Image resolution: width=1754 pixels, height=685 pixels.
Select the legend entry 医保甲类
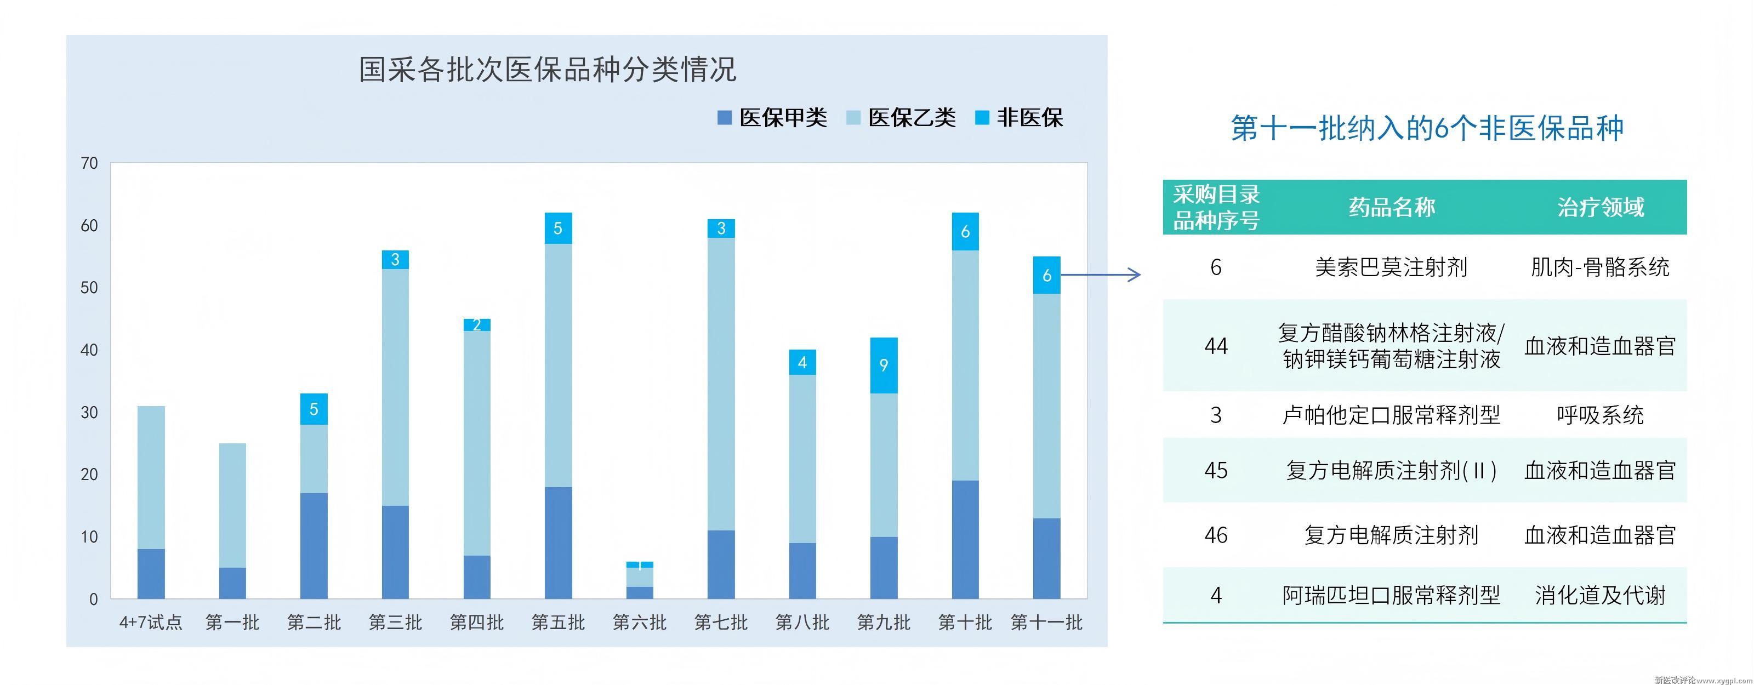(x=772, y=118)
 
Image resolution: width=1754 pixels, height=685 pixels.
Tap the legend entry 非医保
(x=1020, y=118)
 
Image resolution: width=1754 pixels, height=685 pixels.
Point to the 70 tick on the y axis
(x=89, y=163)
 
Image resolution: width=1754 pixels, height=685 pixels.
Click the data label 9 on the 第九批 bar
(x=884, y=366)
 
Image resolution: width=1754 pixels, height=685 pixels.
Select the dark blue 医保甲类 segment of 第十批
(x=965, y=539)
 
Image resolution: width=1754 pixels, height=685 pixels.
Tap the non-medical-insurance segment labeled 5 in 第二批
(x=314, y=409)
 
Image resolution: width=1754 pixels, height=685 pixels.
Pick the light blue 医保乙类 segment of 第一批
(x=232, y=505)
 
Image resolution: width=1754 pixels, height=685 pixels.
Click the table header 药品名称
(x=1391, y=207)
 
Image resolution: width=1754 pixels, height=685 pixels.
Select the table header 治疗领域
(x=1600, y=207)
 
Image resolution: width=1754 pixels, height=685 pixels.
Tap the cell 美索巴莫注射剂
(x=1391, y=267)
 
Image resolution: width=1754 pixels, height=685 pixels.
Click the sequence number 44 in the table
(x=1216, y=346)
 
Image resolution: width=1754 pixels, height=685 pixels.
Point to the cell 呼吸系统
(x=1600, y=415)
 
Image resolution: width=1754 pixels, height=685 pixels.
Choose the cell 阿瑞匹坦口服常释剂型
(x=1391, y=596)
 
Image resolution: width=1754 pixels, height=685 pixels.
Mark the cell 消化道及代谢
(x=1600, y=596)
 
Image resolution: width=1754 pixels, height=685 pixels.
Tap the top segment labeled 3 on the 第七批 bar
(x=721, y=229)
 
